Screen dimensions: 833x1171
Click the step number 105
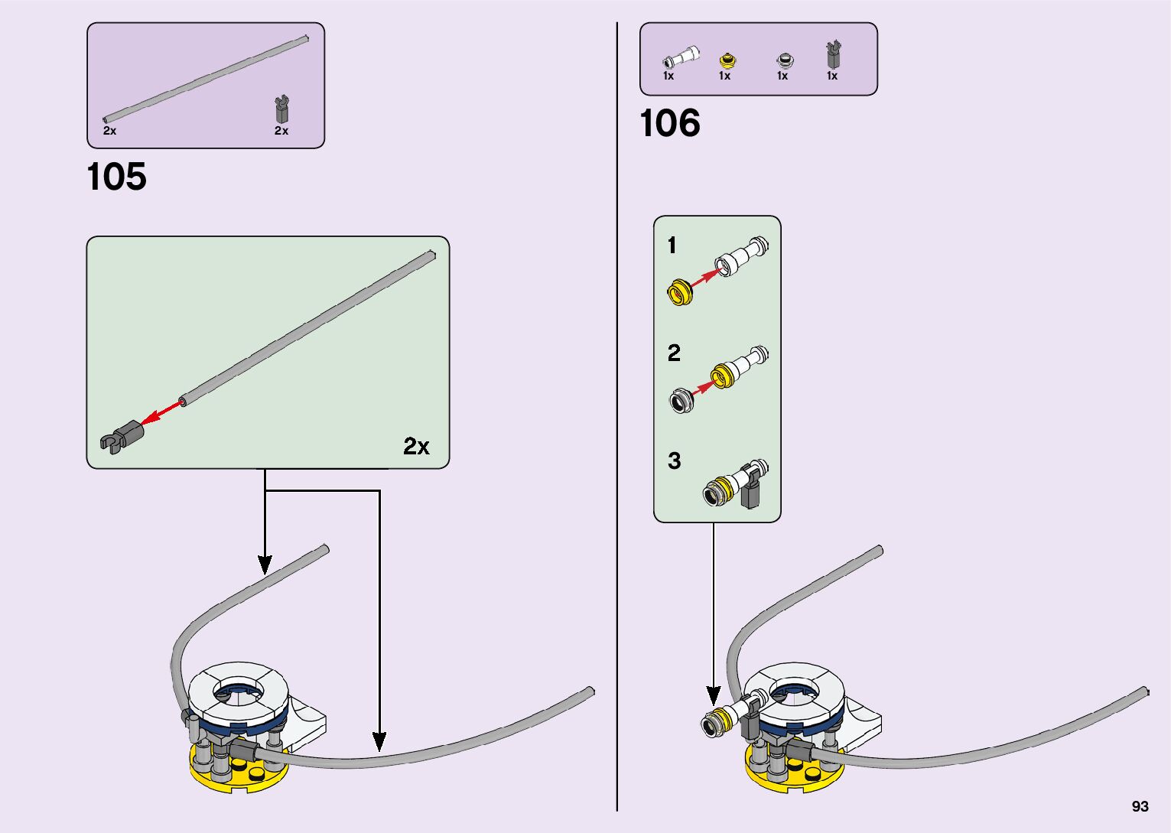[116, 177]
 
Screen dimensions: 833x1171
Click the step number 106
[669, 123]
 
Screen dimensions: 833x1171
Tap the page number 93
[1140, 807]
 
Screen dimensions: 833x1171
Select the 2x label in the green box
[416, 446]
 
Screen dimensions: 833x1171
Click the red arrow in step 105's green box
[161, 412]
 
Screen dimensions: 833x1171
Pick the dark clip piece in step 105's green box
[122, 437]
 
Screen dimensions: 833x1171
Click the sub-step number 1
[672, 246]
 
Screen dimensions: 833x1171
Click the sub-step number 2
[673, 353]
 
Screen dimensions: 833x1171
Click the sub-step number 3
[674, 460]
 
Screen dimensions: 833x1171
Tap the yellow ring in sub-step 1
[679, 292]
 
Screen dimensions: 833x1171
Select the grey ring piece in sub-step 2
[681, 400]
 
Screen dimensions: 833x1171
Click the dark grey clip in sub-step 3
[751, 489]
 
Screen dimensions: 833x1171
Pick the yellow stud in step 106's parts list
[727, 60]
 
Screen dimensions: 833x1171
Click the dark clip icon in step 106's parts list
[832, 56]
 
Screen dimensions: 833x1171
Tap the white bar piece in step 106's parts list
[681, 57]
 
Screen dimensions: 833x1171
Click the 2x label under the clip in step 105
[281, 131]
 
